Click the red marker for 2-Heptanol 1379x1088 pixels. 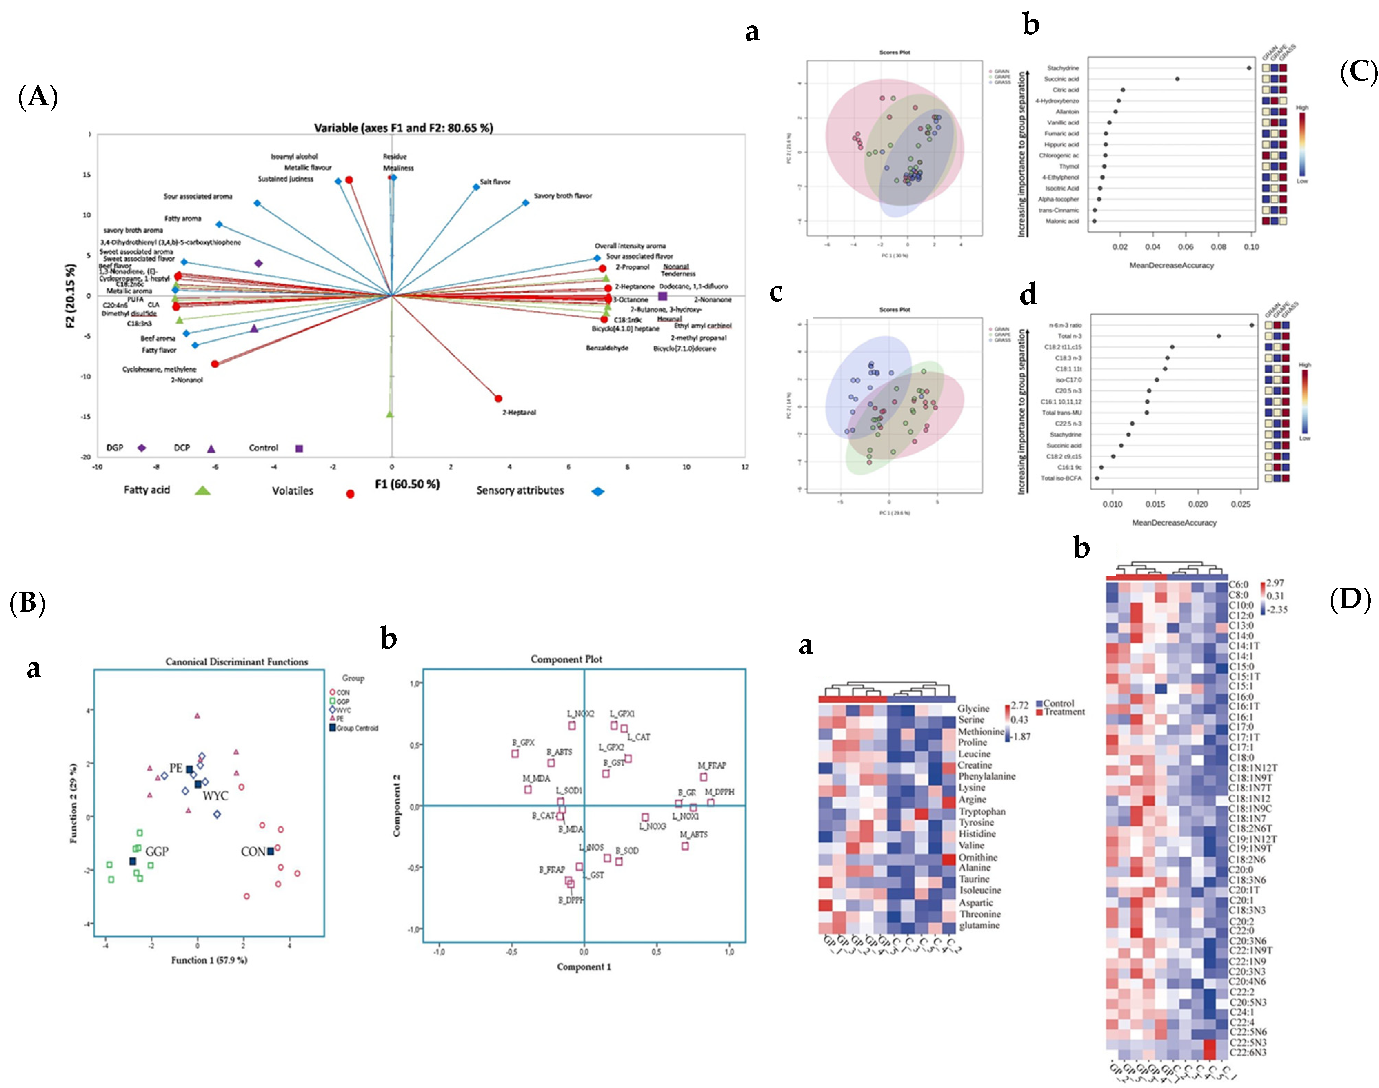point(498,399)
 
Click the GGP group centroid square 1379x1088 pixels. point(132,861)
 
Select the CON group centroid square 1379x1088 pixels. point(270,851)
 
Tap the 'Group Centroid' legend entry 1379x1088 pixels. point(357,728)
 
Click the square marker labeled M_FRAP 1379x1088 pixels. point(704,777)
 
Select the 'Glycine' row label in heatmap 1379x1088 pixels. point(973,708)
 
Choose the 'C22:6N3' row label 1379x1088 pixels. point(1247,1052)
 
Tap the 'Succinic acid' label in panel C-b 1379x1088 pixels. point(1061,79)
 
